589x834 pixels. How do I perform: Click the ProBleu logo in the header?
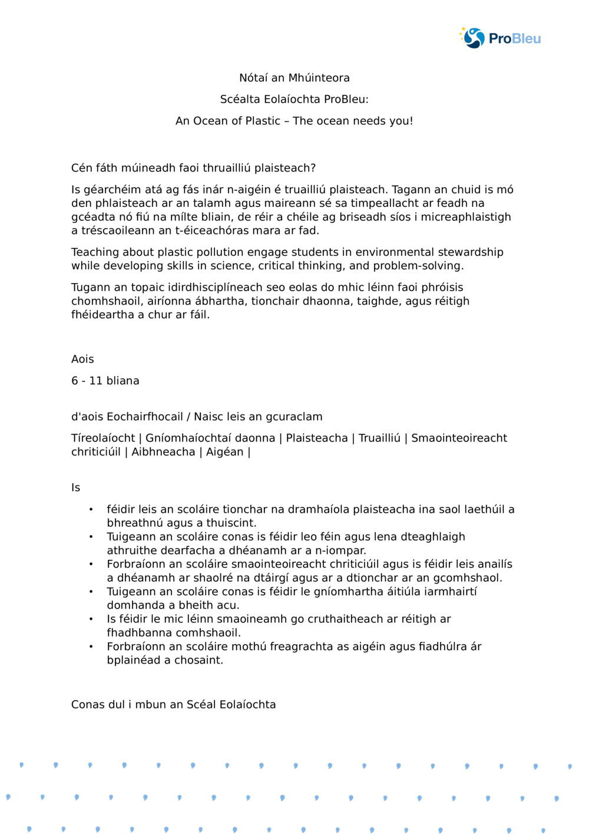500,38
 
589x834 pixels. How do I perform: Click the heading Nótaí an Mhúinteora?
294,78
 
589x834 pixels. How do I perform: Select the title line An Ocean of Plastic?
294,121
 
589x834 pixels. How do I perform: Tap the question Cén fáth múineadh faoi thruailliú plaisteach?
193,168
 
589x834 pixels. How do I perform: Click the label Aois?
82,360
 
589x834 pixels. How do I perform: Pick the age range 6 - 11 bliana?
105,381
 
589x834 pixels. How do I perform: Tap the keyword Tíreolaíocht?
103,439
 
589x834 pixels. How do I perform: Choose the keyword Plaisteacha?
317,439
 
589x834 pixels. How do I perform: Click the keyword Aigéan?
224,452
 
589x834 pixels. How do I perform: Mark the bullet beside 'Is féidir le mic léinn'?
91,619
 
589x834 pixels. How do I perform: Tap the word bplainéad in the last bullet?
134,660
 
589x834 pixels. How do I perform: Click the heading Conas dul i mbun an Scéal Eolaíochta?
173,705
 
